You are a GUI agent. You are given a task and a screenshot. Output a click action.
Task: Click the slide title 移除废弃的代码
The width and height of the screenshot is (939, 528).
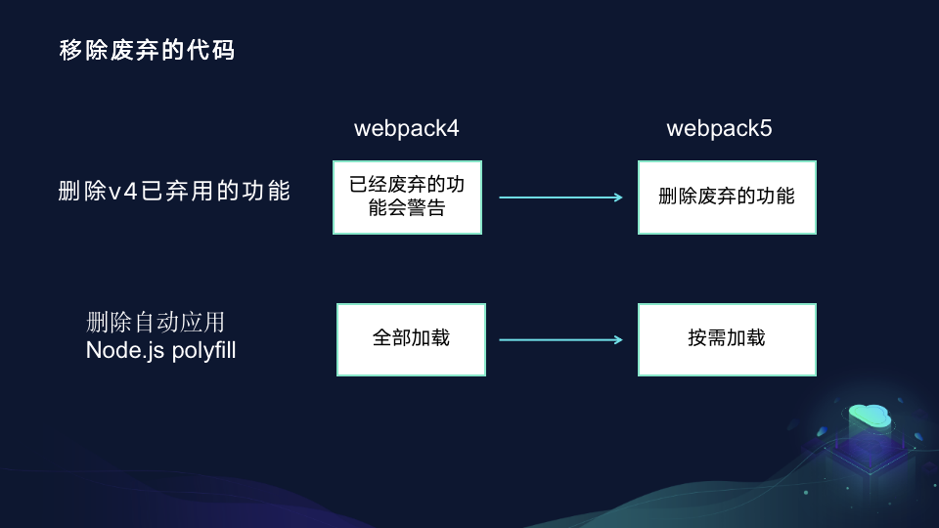pyautogui.click(x=147, y=51)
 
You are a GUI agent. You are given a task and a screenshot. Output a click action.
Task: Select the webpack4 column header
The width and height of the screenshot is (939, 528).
pyautogui.click(x=406, y=128)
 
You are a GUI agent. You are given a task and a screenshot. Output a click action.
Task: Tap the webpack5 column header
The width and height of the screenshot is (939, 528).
pyautogui.click(x=719, y=128)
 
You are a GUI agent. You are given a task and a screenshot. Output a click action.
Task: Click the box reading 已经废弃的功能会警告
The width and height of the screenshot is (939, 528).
pyautogui.click(x=408, y=197)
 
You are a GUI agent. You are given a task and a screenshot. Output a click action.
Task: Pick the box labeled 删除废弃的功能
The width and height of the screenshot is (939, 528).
pyautogui.click(x=727, y=197)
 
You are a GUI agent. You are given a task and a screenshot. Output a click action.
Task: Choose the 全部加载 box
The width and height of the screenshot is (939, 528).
pyautogui.click(x=411, y=339)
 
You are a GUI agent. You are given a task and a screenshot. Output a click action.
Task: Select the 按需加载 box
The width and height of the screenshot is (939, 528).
pyautogui.click(x=727, y=339)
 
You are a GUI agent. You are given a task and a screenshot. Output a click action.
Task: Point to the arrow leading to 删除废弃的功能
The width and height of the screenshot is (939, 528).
pyautogui.click(x=560, y=198)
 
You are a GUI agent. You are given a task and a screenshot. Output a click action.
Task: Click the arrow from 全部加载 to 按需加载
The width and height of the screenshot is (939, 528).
pyautogui.click(x=560, y=340)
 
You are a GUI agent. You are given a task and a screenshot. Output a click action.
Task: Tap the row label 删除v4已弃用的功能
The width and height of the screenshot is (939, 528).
pyautogui.click(x=175, y=191)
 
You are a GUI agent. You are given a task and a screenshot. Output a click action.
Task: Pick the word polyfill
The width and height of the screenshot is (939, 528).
pyautogui.click(x=203, y=349)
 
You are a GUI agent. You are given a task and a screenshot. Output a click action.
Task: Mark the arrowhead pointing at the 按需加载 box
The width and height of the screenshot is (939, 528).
pyautogui.click(x=618, y=340)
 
